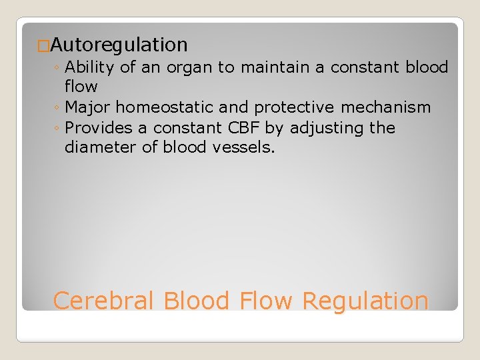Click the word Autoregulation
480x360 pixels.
coord(119,45)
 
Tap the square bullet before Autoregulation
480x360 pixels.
coord(43,46)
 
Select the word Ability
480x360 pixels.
coord(91,67)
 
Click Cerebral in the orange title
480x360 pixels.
coord(104,301)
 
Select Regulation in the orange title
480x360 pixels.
coord(365,301)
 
